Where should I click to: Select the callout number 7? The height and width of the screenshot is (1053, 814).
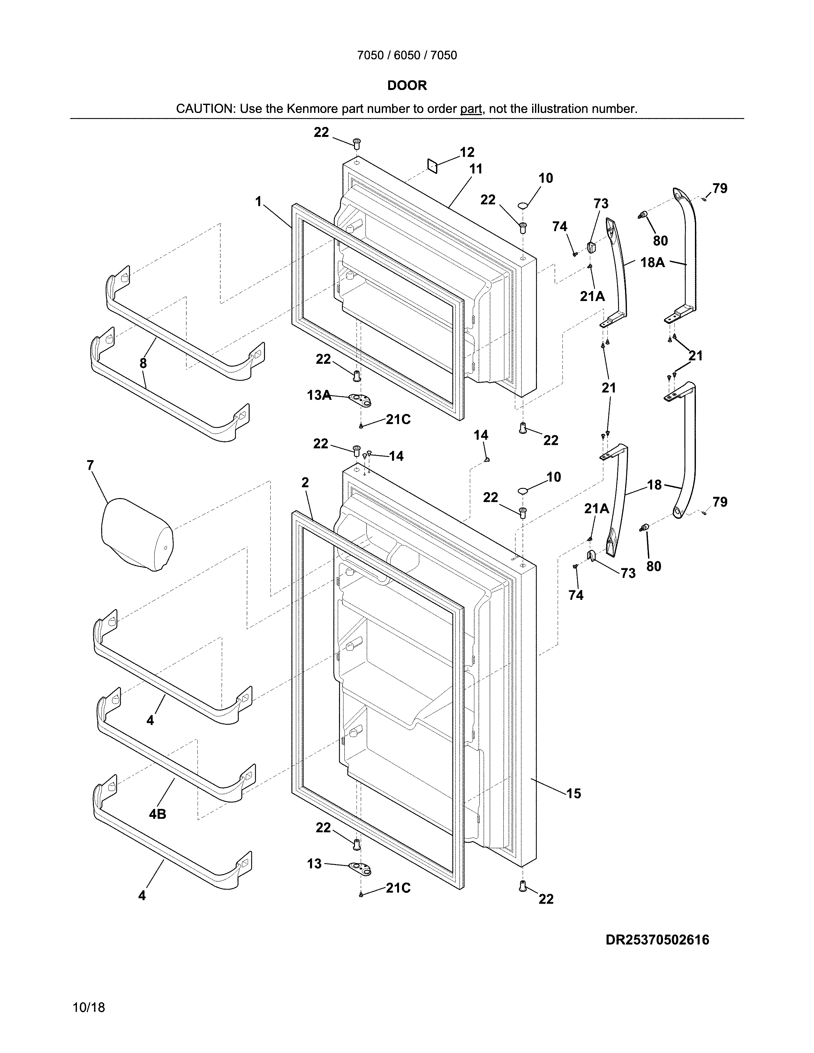[90, 465]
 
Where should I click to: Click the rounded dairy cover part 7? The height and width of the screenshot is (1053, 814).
[137, 535]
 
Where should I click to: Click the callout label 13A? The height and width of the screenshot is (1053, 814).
[319, 395]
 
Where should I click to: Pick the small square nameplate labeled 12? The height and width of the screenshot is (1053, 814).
[432, 166]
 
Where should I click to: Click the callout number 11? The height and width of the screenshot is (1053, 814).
[476, 169]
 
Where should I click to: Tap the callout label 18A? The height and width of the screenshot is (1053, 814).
[652, 262]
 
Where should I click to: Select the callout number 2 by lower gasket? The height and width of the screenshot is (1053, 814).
[305, 482]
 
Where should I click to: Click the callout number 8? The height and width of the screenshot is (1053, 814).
[143, 363]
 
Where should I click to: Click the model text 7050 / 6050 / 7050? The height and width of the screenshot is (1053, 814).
[407, 56]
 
